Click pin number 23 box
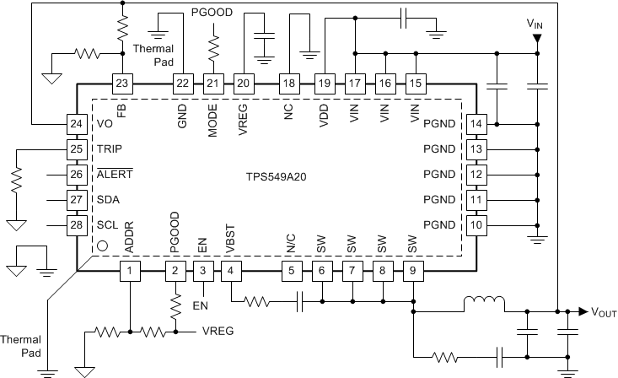[122, 84]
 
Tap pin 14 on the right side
[477, 124]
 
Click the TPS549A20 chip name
[275, 179]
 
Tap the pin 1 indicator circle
[103, 247]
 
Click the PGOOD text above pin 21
[212, 13]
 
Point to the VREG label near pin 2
[218, 332]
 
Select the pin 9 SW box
[412, 271]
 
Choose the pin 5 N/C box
[291, 271]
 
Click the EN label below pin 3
[200, 304]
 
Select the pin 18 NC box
[289, 84]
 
